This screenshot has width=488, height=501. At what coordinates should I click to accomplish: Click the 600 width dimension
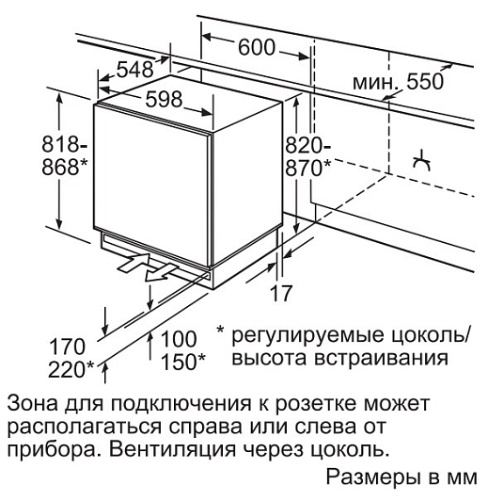(x=256, y=48)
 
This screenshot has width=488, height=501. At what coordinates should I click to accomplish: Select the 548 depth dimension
(x=134, y=70)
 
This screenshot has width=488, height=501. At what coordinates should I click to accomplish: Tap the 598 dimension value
(x=164, y=99)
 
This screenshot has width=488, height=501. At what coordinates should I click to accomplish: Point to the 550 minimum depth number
(x=425, y=81)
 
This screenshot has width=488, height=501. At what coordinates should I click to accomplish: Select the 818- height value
(x=64, y=144)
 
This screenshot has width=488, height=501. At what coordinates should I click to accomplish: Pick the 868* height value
(x=64, y=167)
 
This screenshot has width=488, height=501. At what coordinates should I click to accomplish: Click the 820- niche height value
(x=307, y=145)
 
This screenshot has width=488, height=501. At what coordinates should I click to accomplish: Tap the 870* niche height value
(x=307, y=168)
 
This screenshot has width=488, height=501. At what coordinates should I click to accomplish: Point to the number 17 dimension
(x=281, y=293)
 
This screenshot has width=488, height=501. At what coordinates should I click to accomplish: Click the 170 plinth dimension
(x=68, y=347)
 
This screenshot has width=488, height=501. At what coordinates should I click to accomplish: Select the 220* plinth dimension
(x=71, y=369)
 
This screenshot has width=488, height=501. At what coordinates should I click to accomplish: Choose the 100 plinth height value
(x=179, y=339)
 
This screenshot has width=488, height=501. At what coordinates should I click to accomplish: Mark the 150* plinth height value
(x=183, y=362)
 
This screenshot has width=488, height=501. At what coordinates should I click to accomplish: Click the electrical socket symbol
(x=421, y=160)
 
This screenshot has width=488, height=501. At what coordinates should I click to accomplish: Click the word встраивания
(x=382, y=359)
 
